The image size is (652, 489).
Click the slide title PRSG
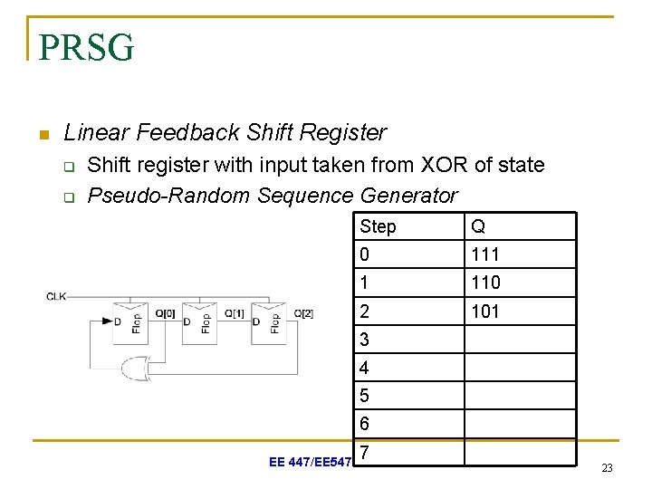click(87, 46)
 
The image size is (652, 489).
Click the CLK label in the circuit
click(56, 295)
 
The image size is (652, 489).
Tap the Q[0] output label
click(166, 314)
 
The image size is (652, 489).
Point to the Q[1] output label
click(235, 314)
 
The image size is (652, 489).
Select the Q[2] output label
click(303, 314)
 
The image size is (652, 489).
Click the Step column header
click(378, 226)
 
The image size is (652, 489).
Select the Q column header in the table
click(477, 226)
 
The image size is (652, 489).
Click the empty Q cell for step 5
click(520, 396)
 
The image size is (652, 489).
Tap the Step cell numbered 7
click(408, 451)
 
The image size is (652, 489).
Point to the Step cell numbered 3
click(408, 340)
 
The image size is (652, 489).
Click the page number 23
click(607, 467)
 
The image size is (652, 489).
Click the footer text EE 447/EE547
click(310, 463)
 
